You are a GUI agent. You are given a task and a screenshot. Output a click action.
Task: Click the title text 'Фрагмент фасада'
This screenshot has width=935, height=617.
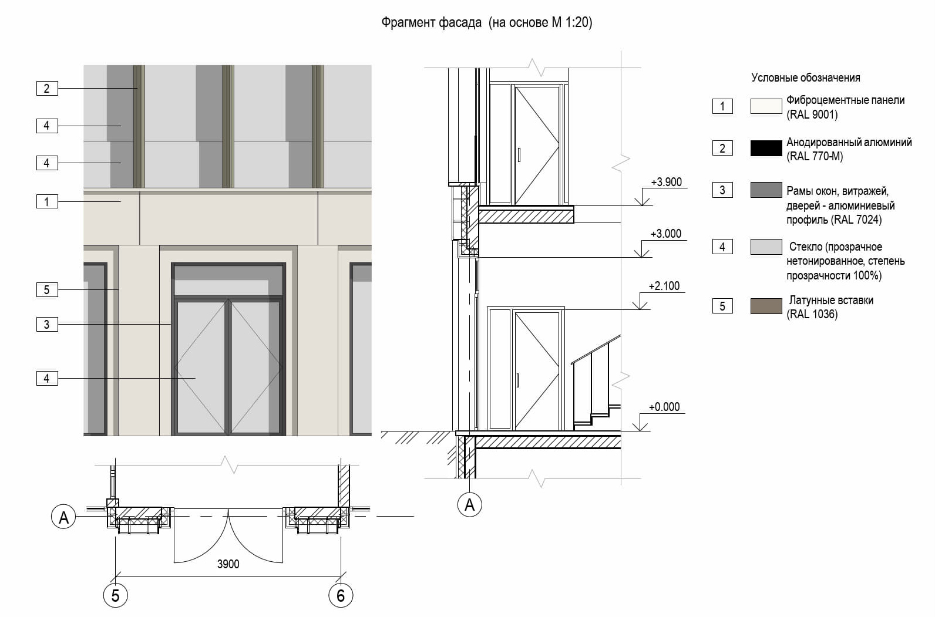pos(431,22)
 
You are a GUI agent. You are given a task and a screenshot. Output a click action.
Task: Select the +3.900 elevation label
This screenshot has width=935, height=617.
pos(666,182)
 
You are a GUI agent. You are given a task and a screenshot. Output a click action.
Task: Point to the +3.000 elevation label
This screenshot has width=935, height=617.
pos(666,234)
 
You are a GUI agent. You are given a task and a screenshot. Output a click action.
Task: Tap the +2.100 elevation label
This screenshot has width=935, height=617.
pos(664,286)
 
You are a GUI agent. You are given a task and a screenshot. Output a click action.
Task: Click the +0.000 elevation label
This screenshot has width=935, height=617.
pos(664,407)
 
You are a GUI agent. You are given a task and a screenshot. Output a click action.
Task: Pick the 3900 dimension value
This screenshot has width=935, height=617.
pos(228,564)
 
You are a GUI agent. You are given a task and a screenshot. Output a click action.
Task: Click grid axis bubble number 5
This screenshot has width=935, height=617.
pos(115,595)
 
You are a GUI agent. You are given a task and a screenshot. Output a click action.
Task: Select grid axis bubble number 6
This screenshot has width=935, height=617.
pos(341,595)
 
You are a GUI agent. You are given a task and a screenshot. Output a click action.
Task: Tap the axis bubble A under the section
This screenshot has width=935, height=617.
pos(470,505)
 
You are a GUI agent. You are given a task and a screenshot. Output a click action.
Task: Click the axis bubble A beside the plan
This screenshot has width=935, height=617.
pos(63,517)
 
